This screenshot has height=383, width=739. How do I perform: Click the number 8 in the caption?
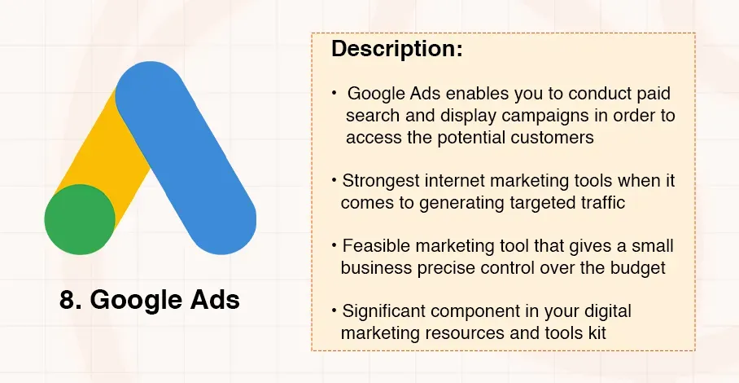(x=68, y=300)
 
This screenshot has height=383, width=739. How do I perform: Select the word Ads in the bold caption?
(x=214, y=300)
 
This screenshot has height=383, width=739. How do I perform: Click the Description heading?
(x=396, y=48)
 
